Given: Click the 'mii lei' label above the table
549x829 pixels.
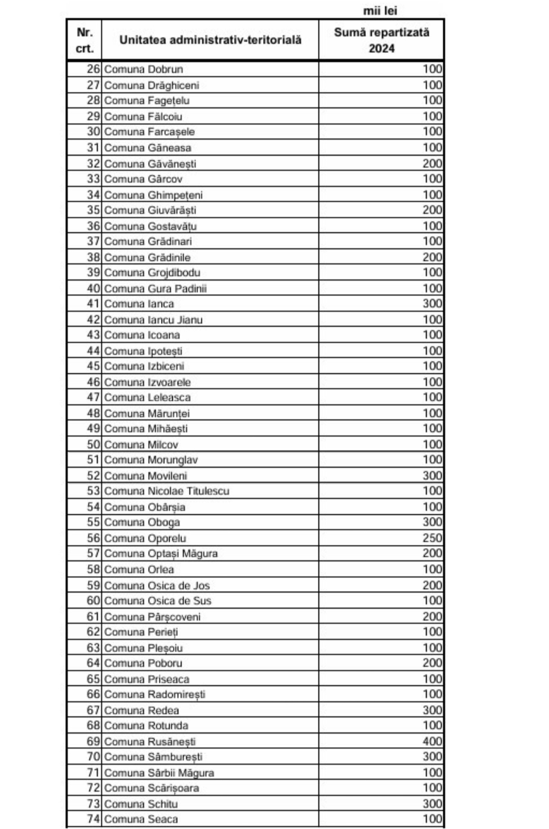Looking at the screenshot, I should [380, 11].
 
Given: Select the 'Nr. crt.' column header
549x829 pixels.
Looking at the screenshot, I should [85, 40].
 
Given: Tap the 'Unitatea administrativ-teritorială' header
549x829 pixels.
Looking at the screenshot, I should [210, 40].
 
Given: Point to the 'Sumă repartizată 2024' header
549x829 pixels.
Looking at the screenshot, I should [381, 40].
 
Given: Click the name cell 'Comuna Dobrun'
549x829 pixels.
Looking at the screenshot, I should [144, 69].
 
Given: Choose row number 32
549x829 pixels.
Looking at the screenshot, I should [93, 163].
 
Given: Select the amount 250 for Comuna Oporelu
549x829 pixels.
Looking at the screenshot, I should [432, 538].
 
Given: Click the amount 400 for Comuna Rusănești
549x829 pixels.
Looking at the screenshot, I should [432, 741].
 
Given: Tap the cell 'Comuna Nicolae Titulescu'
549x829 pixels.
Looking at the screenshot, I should [166, 491].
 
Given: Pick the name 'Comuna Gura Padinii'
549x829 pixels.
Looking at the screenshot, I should [155, 288].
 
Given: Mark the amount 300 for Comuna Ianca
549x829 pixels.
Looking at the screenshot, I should [432, 304].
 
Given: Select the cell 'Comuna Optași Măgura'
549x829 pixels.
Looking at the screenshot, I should [161, 553].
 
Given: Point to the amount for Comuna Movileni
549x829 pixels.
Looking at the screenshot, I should [432, 476].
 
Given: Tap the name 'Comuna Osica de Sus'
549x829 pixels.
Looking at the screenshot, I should [157, 601].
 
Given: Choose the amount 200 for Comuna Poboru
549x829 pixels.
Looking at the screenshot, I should [432, 663].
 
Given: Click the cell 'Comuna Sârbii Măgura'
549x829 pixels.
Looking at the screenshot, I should [159, 773].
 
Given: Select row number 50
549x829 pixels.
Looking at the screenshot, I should [93, 444].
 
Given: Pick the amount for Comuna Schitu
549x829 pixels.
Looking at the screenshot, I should [432, 804].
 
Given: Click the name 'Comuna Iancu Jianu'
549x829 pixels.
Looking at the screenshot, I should [153, 320].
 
